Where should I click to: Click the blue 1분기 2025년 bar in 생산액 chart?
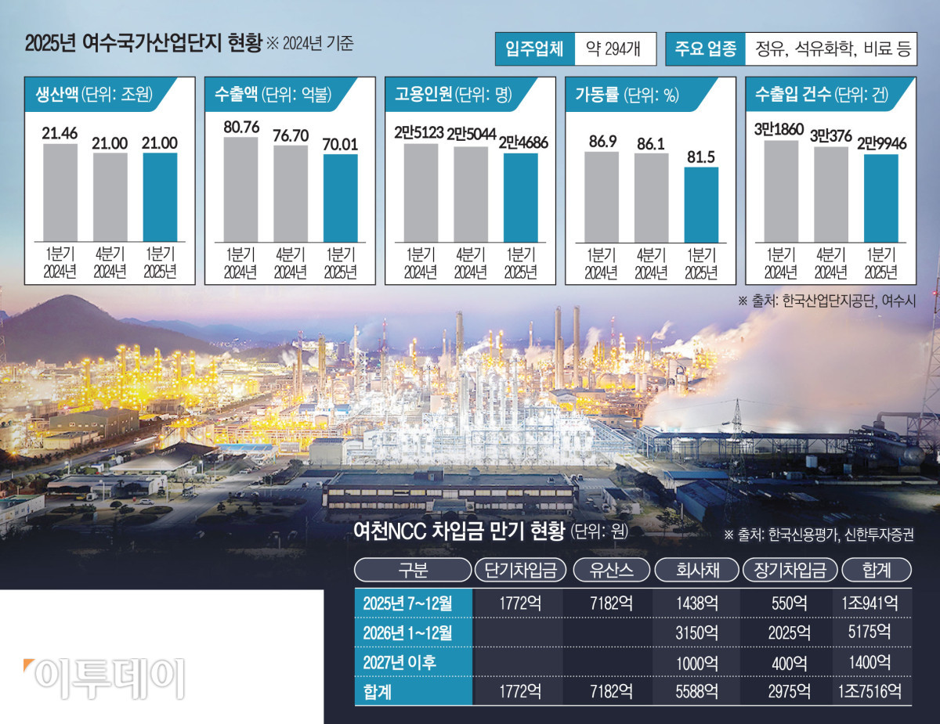[160, 197]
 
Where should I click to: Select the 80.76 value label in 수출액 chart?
[240, 125]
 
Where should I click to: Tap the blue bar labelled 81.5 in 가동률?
[701, 204]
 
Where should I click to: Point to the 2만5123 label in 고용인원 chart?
[420, 132]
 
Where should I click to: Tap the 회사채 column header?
[696, 570]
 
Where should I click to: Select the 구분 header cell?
[413, 570]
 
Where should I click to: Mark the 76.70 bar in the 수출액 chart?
[291, 193]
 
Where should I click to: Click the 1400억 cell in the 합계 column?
[869, 661]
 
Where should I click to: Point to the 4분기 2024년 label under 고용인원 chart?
[470, 263]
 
